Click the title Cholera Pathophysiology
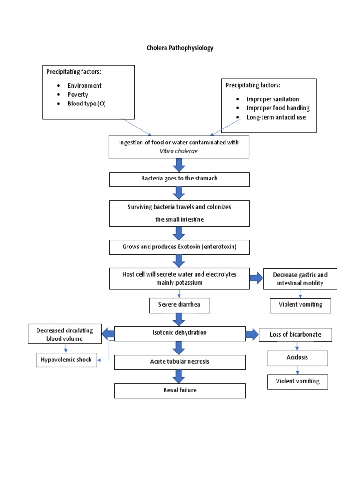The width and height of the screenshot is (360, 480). (180, 48)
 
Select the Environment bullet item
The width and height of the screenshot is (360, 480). (84, 86)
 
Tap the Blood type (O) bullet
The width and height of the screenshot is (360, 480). (86, 104)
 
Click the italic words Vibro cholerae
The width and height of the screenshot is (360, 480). (179, 152)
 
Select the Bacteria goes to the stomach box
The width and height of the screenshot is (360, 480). (180, 179)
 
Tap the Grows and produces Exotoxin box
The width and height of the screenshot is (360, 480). (180, 247)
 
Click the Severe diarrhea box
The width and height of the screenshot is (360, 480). (179, 305)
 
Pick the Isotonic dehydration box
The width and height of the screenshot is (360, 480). (180, 333)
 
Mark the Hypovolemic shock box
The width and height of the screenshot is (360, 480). (67, 360)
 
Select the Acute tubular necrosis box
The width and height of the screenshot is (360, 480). (180, 362)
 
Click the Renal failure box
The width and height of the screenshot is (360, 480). (180, 390)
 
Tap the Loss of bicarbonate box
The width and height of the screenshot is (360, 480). (295, 335)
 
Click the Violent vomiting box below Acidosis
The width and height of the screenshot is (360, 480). (297, 382)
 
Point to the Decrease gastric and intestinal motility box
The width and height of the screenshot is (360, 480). (300, 279)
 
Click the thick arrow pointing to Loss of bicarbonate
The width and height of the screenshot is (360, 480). (252, 334)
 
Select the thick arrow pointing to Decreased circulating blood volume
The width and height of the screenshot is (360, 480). (108, 334)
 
